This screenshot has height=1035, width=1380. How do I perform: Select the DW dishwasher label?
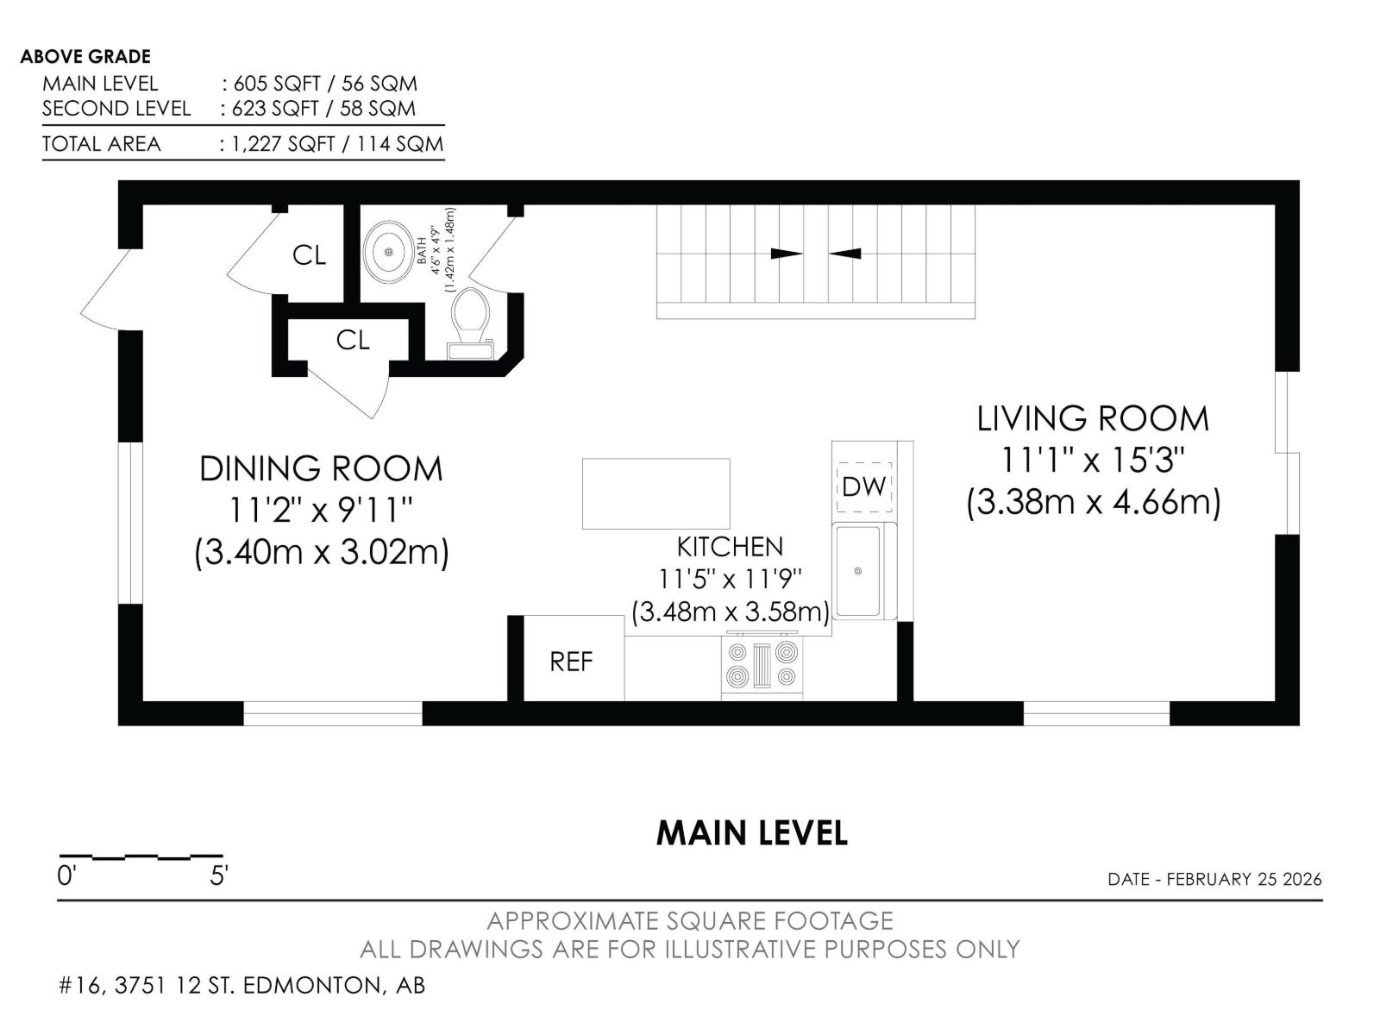point(864,486)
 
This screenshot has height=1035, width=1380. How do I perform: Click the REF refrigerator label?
point(571,661)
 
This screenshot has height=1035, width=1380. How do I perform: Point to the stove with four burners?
point(762,666)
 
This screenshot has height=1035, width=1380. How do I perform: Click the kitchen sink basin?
point(857,571)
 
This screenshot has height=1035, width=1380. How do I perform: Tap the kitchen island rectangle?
point(655,493)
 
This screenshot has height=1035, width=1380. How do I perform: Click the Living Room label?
point(1093,418)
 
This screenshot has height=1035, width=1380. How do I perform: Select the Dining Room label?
point(321,469)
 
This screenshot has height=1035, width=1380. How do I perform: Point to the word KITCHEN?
point(730,548)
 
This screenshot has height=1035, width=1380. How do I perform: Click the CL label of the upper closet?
point(310,256)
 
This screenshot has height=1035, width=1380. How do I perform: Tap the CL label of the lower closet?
point(353,341)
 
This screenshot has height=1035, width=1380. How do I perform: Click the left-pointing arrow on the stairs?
point(844,254)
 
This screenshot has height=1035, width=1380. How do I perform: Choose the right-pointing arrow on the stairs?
point(787,254)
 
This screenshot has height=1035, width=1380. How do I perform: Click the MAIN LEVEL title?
point(752,832)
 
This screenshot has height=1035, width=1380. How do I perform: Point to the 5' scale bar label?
point(218,876)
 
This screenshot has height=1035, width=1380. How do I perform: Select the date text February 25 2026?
point(1245,879)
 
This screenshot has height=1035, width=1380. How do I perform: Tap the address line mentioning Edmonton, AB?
point(242,985)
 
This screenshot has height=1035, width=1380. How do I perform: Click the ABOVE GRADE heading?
point(85,57)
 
